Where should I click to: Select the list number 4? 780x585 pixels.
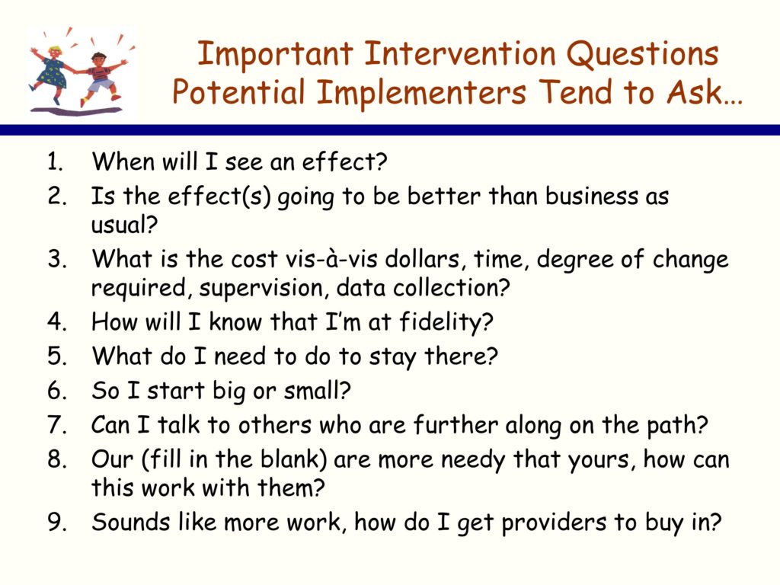click(x=57, y=321)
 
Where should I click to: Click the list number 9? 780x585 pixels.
click(x=57, y=523)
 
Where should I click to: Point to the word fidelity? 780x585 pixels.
click(x=446, y=322)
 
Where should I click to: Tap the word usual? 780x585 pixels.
click(x=124, y=225)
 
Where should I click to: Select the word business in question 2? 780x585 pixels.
click(x=591, y=196)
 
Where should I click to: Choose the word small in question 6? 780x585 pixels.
click(x=317, y=391)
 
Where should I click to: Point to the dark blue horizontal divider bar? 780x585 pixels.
click(x=390, y=130)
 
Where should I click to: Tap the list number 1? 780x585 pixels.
click(x=55, y=161)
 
